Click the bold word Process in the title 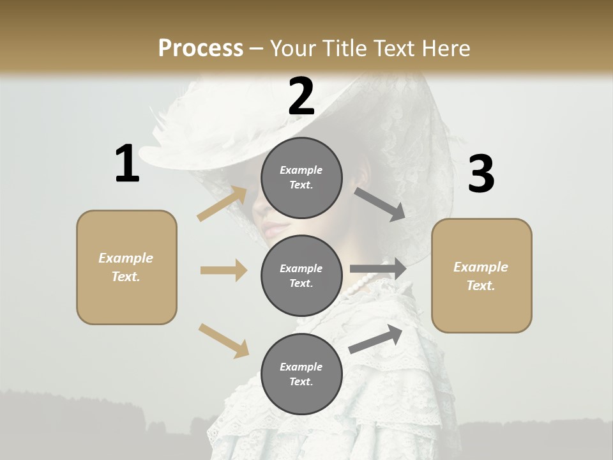[x=201, y=49]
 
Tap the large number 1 [x=127, y=164]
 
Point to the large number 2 [x=301, y=96]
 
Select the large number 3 [x=481, y=174]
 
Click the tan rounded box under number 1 [x=126, y=267]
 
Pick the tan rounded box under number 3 [x=481, y=275]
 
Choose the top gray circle [x=301, y=178]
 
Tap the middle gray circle [x=301, y=275]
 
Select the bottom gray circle [x=301, y=374]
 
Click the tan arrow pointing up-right [x=222, y=203]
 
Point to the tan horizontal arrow [x=223, y=270]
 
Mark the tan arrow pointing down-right [x=223, y=341]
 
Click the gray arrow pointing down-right [x=380, y=204]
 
